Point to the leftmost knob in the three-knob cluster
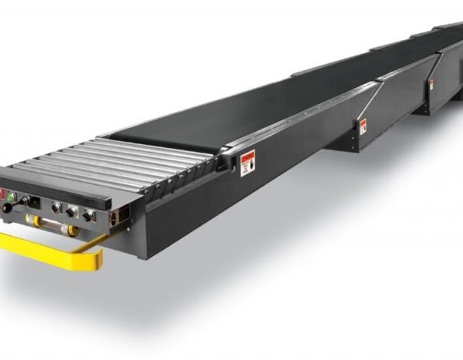(56, 207)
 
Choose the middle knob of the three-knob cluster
(72, 210)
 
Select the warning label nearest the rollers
(248, 164)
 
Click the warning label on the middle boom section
(363, 125)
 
